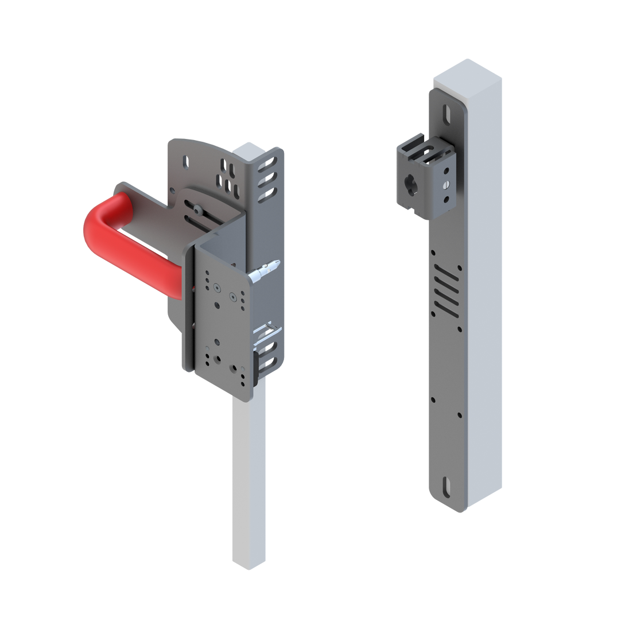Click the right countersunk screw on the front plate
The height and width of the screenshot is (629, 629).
click(x=234, y=297)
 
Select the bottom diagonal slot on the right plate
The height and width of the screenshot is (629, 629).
click(x=445, y=307)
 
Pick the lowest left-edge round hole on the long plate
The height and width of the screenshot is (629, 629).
click(x=433, y=398)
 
